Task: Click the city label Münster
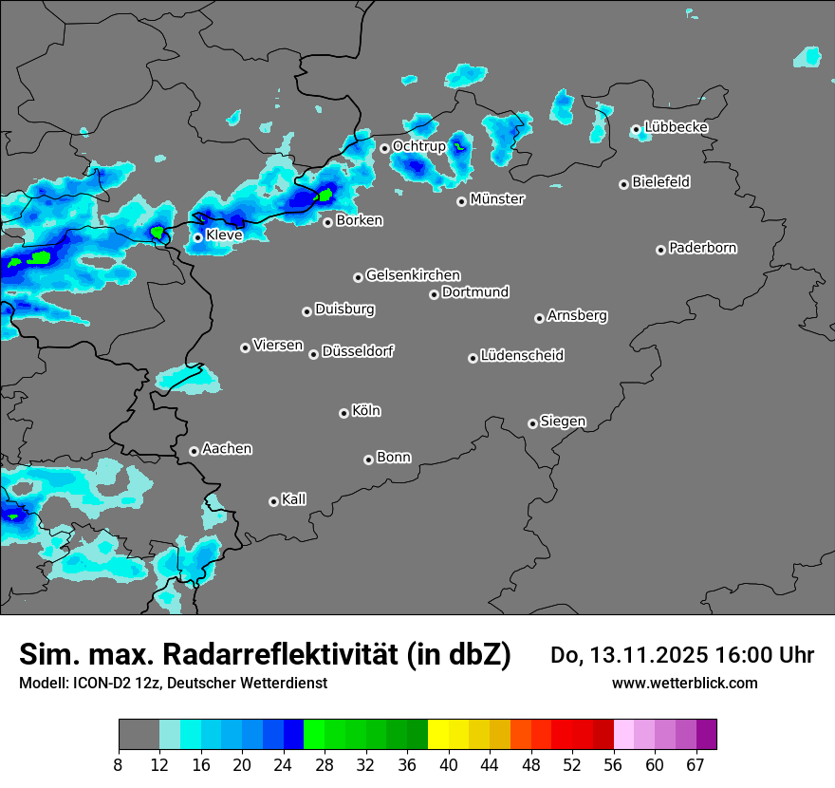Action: [x=497, y=199]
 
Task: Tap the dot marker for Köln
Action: [x=343, y=413]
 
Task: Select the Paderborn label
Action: [x=703, y=248]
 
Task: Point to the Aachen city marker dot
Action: [x=194, y=451]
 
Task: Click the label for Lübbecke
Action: [x=677, y=127]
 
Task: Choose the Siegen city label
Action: [x=563, y=422]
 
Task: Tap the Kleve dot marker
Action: [x=197, y=237]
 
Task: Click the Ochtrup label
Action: [x=419, y=146]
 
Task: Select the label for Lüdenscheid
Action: [x=522, y=356]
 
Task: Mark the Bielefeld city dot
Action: [x=623, y=184]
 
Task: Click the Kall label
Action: [x=294, y=499]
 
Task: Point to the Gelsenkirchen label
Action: [x=413, y=275]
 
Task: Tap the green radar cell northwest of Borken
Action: [x=325, y=196]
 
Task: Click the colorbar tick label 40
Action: [x=448, y=765]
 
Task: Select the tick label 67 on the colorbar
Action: [x=696, y=765]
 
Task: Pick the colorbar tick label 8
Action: [x=119, y=765]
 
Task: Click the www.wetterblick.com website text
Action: [x=684, y=683]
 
